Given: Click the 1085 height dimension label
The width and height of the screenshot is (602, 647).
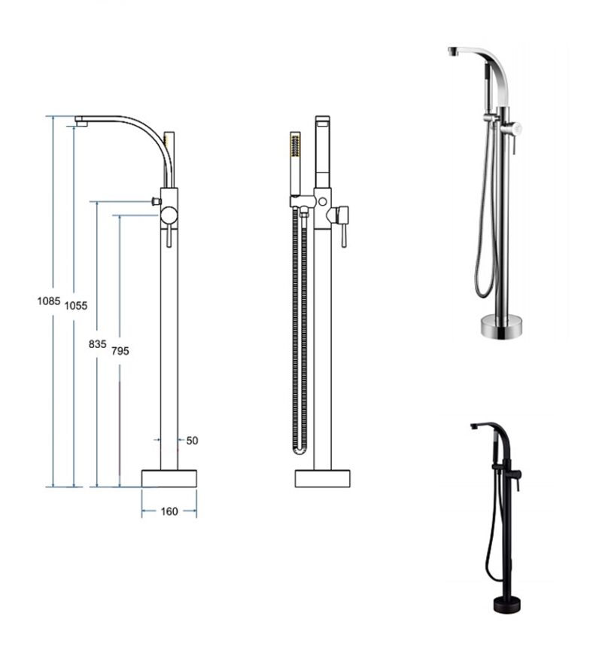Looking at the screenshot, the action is [49, 301].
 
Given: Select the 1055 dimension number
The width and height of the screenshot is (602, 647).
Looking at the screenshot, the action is [76, 306].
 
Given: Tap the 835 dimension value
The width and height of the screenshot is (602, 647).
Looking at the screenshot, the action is [97, 343].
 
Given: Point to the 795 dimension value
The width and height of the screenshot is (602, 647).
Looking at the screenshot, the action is [120, 351].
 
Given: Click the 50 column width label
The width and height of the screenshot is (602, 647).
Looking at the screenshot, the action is [192, 441].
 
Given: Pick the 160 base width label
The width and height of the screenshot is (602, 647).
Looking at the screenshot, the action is [169, 511].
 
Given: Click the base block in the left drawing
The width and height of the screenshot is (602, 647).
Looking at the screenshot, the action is [169, 478].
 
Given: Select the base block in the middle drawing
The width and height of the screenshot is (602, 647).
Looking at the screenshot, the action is [322, 478].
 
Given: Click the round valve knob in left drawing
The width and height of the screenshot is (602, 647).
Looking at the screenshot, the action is [169, 215].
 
